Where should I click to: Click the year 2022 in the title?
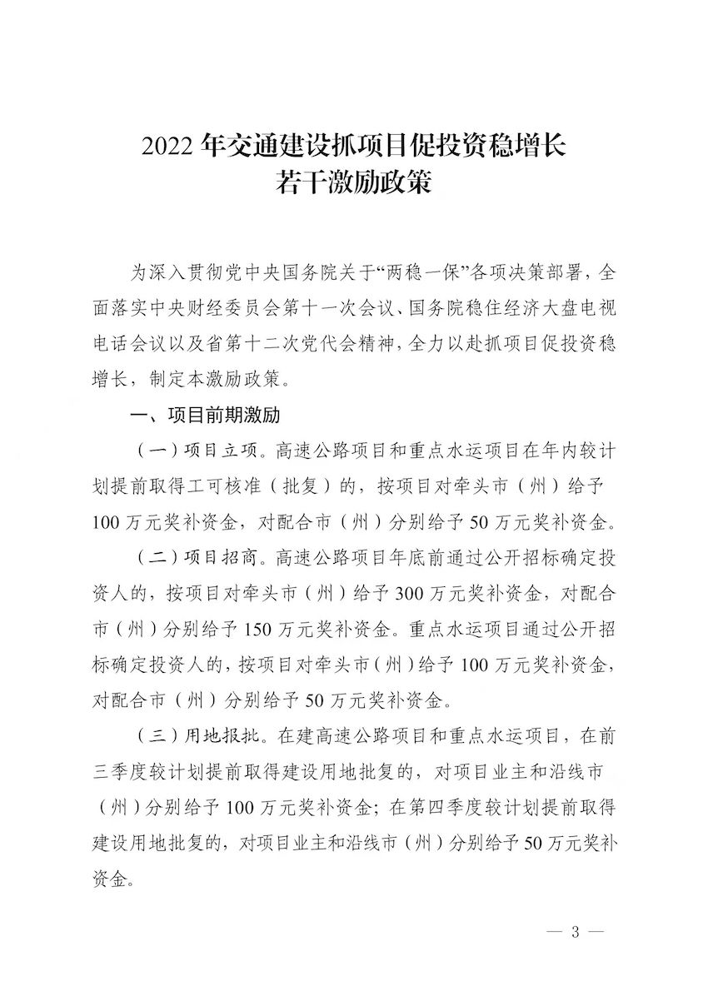point(170,147)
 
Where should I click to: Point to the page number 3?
point(574,931)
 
